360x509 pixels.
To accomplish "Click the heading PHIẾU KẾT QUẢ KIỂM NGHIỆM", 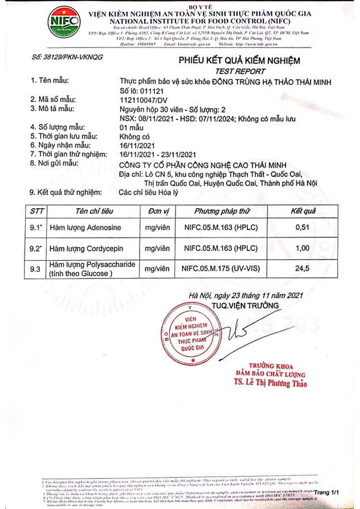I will pos(239,60).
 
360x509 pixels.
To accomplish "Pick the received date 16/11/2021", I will pos(137,145).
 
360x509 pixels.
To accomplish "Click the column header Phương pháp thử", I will pos(222,212).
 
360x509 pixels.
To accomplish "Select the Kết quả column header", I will pos(304,212).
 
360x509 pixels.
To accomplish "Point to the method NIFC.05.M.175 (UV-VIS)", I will pos(222,268).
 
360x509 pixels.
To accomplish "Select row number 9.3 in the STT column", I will pos(36,268).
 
